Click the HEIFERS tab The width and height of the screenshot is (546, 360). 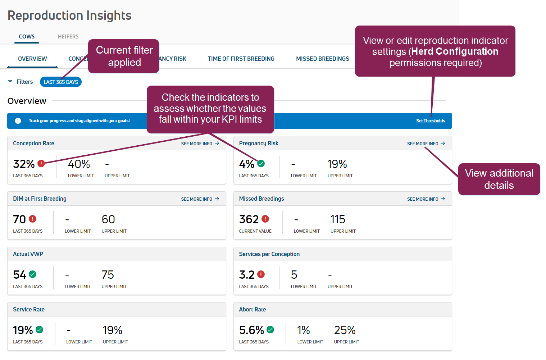pyautogui.click(x=68, y=37)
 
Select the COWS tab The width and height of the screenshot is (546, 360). pyautogui.click(x=27, y=37)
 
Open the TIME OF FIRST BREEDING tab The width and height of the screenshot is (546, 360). pyautogui.click(x=241, y=59)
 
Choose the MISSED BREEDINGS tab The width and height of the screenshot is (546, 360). pyautogui.click(x=322, y=59)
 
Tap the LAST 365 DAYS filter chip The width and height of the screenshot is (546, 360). pyautogui.click(x=61, y=82)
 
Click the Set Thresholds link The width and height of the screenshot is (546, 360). pyautogui.click(x=430, y=121)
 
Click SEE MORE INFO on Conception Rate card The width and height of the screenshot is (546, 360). pyautogui.click(x=200, y=143)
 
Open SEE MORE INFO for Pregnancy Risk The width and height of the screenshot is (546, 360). pyautogui.click(x=426, y=143)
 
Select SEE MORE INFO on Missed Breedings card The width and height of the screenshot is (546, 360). pyautogui.click(x=426, y=199)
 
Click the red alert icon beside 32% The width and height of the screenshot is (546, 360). pyautogui.click(x=41, y=164)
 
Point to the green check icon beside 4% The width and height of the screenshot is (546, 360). pyautogui.click(x=261, y=164)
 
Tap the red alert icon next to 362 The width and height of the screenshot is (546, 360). pyautogui.click(x=265, y=219)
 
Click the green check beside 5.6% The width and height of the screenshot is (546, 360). pyautogui.click(x=270, y=329)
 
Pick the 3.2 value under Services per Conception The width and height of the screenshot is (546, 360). pyautogui.click(x=247, y=275)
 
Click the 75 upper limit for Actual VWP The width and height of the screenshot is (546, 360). pyautogui.click(x=108, y=275)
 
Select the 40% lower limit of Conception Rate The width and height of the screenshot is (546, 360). pyautogui.click(x=79, y=164)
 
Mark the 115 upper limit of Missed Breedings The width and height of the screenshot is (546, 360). pyautogui.click(x=338, y=219)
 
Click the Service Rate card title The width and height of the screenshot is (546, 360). pyautogui.click(x=29, y=309)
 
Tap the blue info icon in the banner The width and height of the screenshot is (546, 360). pyautogui.click(x=18, y=121)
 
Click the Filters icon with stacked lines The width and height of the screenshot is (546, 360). pyautogui.click(x=10, y=82)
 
